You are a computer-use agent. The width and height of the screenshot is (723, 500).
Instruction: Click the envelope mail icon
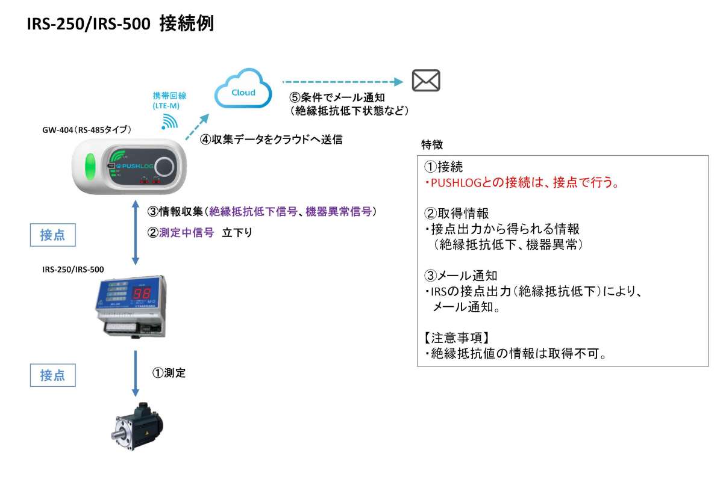426,81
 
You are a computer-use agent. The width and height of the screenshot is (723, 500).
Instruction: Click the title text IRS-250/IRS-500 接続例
120,25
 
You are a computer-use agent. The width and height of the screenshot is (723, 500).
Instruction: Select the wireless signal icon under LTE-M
171,122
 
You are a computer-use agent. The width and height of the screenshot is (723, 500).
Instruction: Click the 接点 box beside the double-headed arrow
54,235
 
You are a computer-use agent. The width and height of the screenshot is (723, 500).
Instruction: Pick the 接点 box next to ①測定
54,375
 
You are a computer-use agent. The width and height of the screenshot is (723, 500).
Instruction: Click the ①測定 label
168,373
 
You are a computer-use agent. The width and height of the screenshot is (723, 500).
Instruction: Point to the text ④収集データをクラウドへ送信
271,139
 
